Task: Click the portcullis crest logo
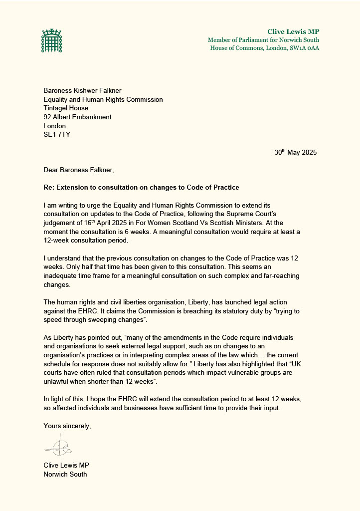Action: (50, 41)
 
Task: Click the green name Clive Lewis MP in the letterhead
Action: (293, 32)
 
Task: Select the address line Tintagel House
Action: (66, 108)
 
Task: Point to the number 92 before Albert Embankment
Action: (47, 117)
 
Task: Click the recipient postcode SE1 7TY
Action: (57, 135)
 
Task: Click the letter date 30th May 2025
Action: (295, 153)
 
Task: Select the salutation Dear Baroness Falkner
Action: (79, 170)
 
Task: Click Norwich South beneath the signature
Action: (65, 474)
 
